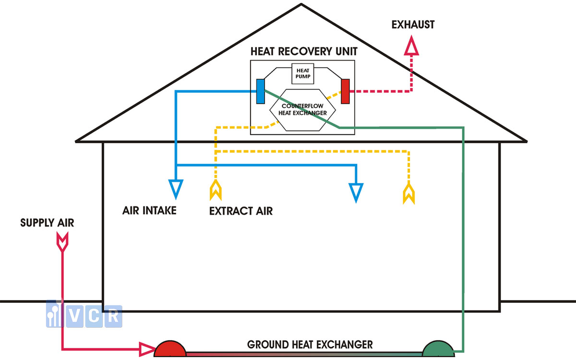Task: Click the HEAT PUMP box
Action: [303, 73]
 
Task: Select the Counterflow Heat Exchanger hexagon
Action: [303, 110]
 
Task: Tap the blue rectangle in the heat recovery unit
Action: [261, 91]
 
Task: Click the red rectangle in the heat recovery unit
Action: [345, 91]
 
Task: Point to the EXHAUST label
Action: [413, 24]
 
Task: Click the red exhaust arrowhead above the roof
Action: [411, 46]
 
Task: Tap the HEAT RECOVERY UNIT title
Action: [304, 51]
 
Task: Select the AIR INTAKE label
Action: [149, 211]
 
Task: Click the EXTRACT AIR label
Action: [241, 211]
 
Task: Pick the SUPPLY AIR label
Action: [47, 223]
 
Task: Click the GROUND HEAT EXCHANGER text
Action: [310, 345]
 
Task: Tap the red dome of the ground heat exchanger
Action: [170, 349]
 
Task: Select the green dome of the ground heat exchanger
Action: [438, 349]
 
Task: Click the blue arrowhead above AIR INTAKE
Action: [176, 189]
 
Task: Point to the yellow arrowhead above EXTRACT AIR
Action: [216, 190]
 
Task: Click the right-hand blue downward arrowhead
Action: [356, 193]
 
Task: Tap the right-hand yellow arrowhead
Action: [408, 194]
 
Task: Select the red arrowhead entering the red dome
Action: [147, 349]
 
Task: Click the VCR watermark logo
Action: [84, 314]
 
